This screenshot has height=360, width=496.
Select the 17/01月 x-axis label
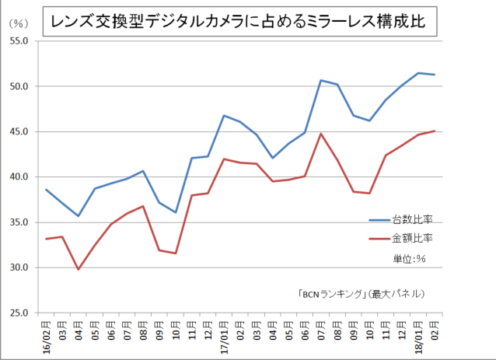point(224,336)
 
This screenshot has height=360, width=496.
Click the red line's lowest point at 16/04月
point(79,269)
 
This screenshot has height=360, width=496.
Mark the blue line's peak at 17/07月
point(320,80)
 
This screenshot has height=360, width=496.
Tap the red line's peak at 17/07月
point(320,134)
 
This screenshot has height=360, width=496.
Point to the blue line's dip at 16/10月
point(176,212)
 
